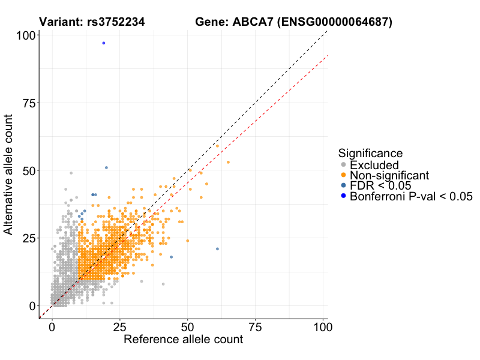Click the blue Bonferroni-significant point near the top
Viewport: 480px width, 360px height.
click(x=104, y=43)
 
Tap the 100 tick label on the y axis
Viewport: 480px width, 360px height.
click(x=25, y=36)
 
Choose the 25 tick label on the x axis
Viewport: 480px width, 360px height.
click(x=120, y=328)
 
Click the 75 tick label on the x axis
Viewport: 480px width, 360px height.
click(x=256, y=328)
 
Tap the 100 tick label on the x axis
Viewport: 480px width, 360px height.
click(x=323, y=328)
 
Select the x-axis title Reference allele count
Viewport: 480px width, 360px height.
click(x=183, y=340)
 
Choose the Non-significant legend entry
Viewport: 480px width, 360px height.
click(x=389, y=175)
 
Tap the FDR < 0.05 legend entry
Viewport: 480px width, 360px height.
click(x=385, y=185)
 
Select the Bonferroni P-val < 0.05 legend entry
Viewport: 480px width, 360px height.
click(x=412, y=196)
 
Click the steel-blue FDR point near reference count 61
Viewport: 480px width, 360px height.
click(x=217, y=249)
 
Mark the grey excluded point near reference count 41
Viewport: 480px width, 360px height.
click(x=163, y=284)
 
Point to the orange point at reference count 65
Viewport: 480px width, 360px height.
click(x=228, y=163)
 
